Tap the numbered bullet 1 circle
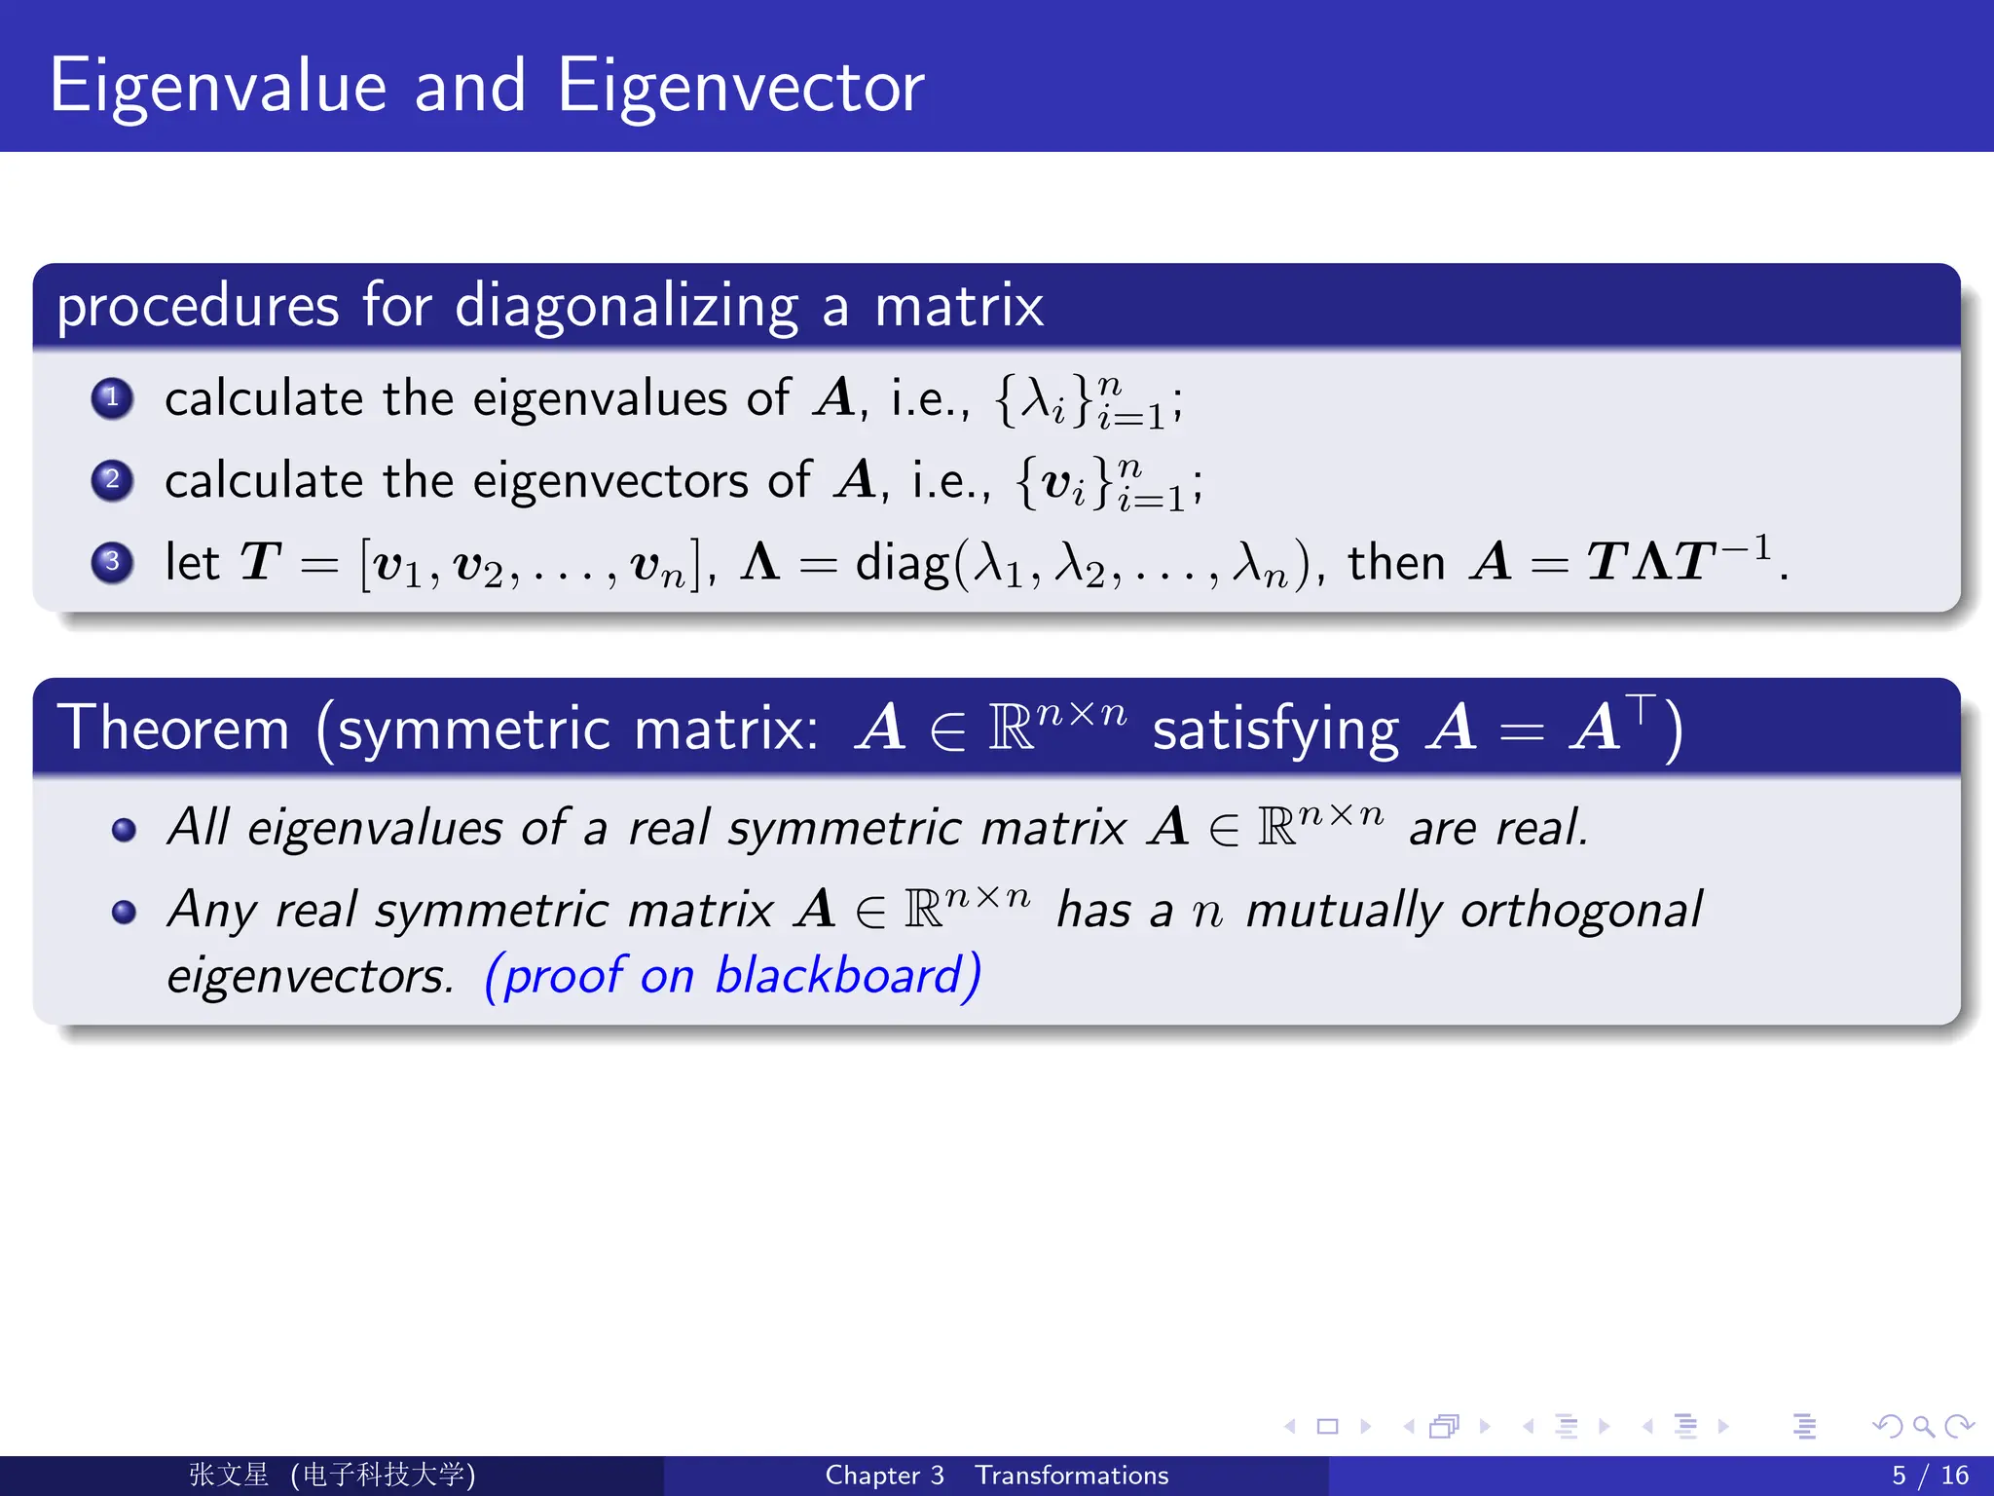tap(112, 397)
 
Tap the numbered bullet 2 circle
tap(112, 480)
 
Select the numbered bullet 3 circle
tap(112, 562)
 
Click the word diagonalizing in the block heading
tap(626, 306)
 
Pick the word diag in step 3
tap(901, 564)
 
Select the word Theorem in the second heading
tap(174, 729)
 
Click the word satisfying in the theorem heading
tap(1274, 730)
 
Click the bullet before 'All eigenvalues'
tap(124, 830)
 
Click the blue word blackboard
tap(838, 976)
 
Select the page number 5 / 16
tap(1929, 1476)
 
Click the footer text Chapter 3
tap(884, 1476)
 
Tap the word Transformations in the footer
tap(1071, 1476)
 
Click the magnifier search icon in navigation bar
tap(1923, 1427)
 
